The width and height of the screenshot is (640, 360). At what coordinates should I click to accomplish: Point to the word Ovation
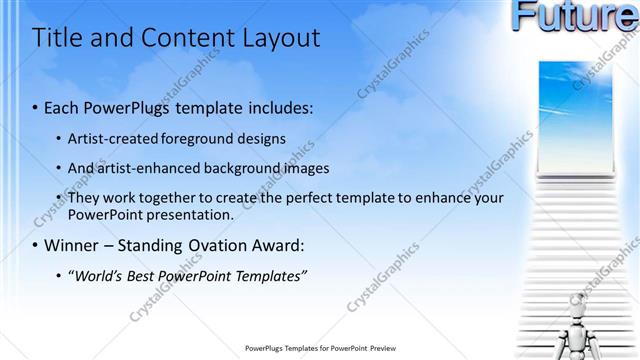pyautogui.click(x=211, y=245)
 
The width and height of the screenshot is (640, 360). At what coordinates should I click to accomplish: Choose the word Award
pyautogui.click(x=276, y=245)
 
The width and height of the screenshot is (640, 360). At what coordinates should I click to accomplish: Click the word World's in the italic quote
pyautogui.click(x=98, y=274)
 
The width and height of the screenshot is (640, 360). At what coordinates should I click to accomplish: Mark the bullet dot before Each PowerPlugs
pyautogui.click(x=36, y=106)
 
